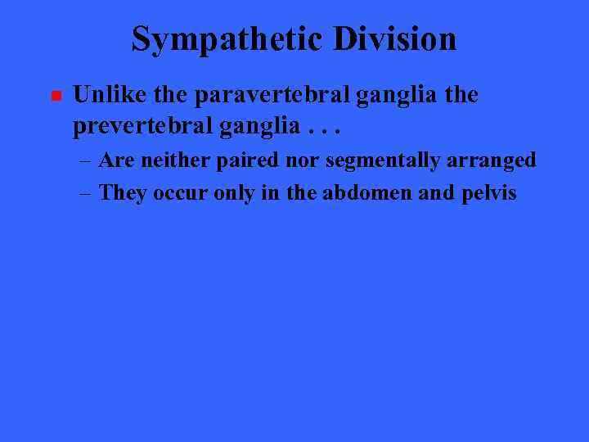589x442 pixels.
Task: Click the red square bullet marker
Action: (55, 97)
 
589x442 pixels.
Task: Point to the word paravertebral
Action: (272, 95)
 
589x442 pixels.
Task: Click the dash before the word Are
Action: (86, 160)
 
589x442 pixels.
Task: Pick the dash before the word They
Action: (86, 193)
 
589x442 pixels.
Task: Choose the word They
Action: (121, 193)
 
